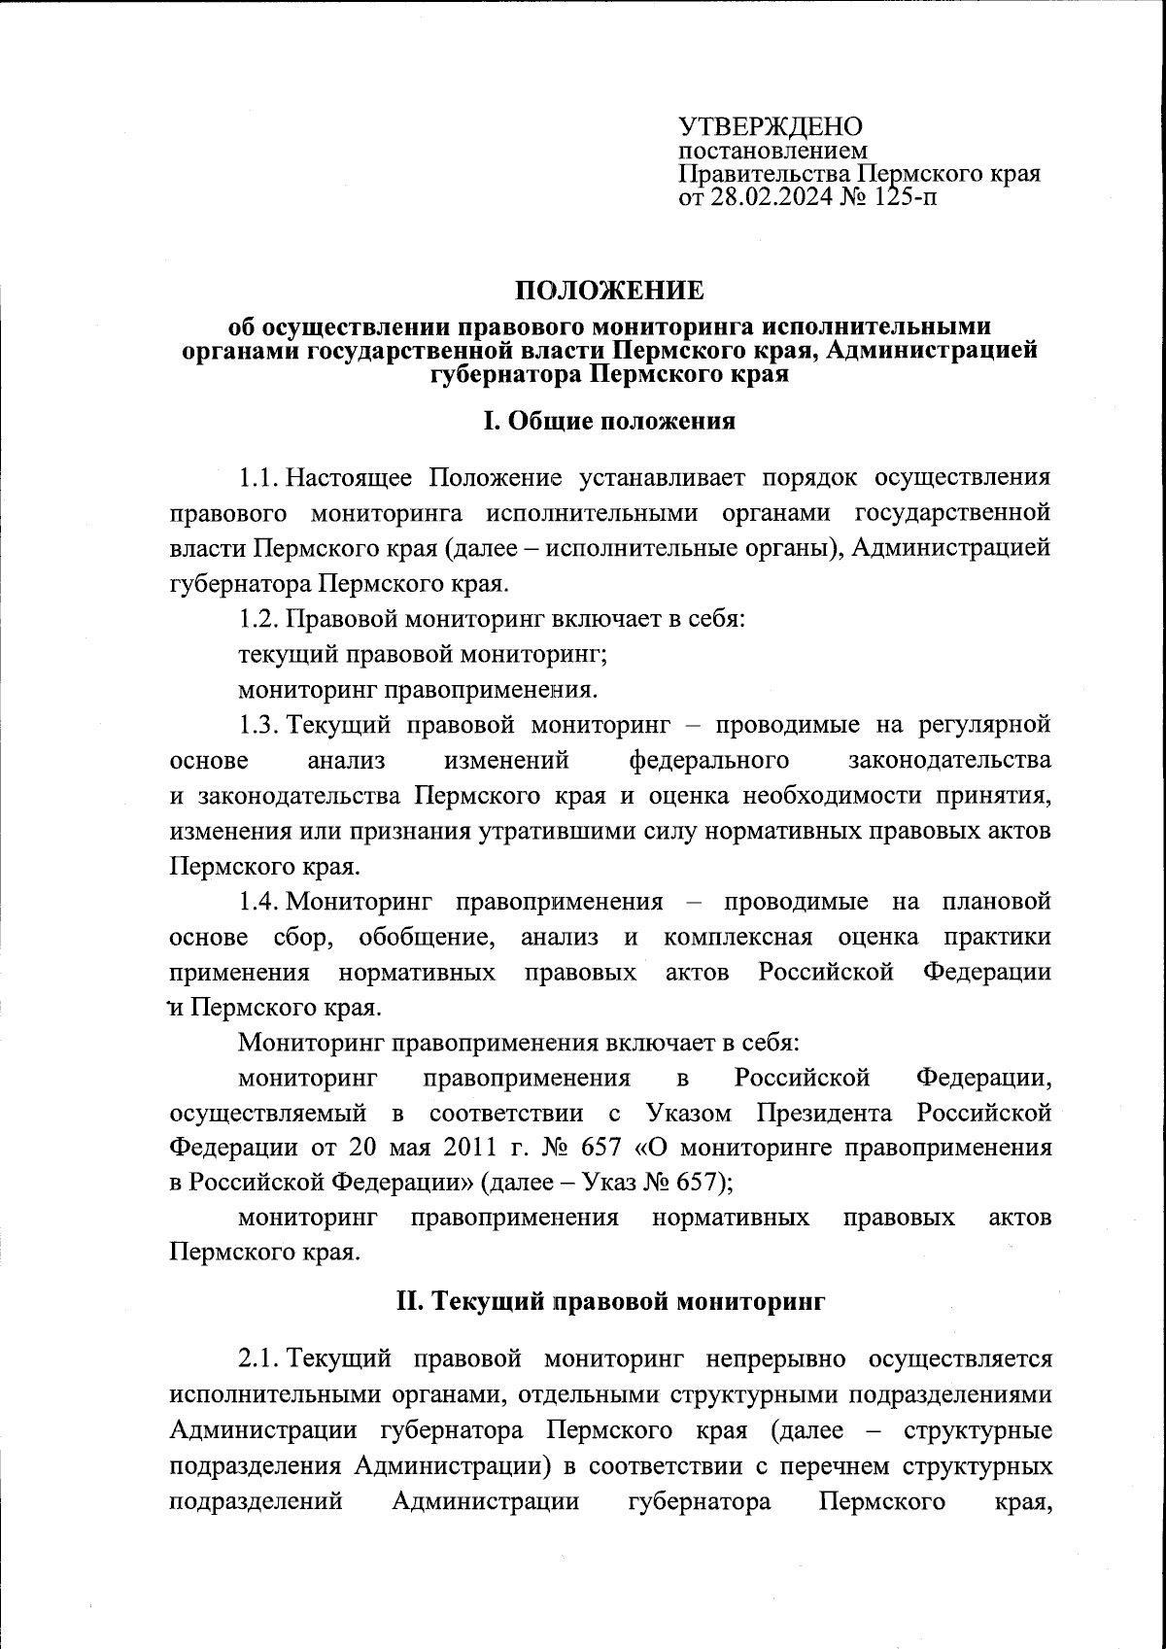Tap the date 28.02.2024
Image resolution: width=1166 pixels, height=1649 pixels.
pyautogui.click(x=771, y=198)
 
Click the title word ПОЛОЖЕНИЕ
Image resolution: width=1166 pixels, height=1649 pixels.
pyautogui.click(x=609, y=291)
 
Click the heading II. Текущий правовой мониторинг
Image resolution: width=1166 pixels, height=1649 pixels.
pyautogui.click(x=609, y=1301)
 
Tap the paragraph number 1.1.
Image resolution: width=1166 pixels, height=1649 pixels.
pyautogui.click(x=259, y=477)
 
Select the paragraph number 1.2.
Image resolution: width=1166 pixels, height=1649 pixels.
pyautogui.click(x=259, y=619)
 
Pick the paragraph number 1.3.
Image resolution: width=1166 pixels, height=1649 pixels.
pyautogui.click(x=259, y=725)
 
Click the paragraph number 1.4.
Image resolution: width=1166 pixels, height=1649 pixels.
pyautogui.click(x=259, y=902)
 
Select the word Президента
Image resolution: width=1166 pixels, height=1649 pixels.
pyautogui.click(x=824, y=1112)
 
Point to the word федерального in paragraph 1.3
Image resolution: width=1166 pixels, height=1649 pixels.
pyautogui.click(x=708, y=760)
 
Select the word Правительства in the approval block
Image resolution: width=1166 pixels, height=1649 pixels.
pyautogui.click(x=764, y=175)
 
